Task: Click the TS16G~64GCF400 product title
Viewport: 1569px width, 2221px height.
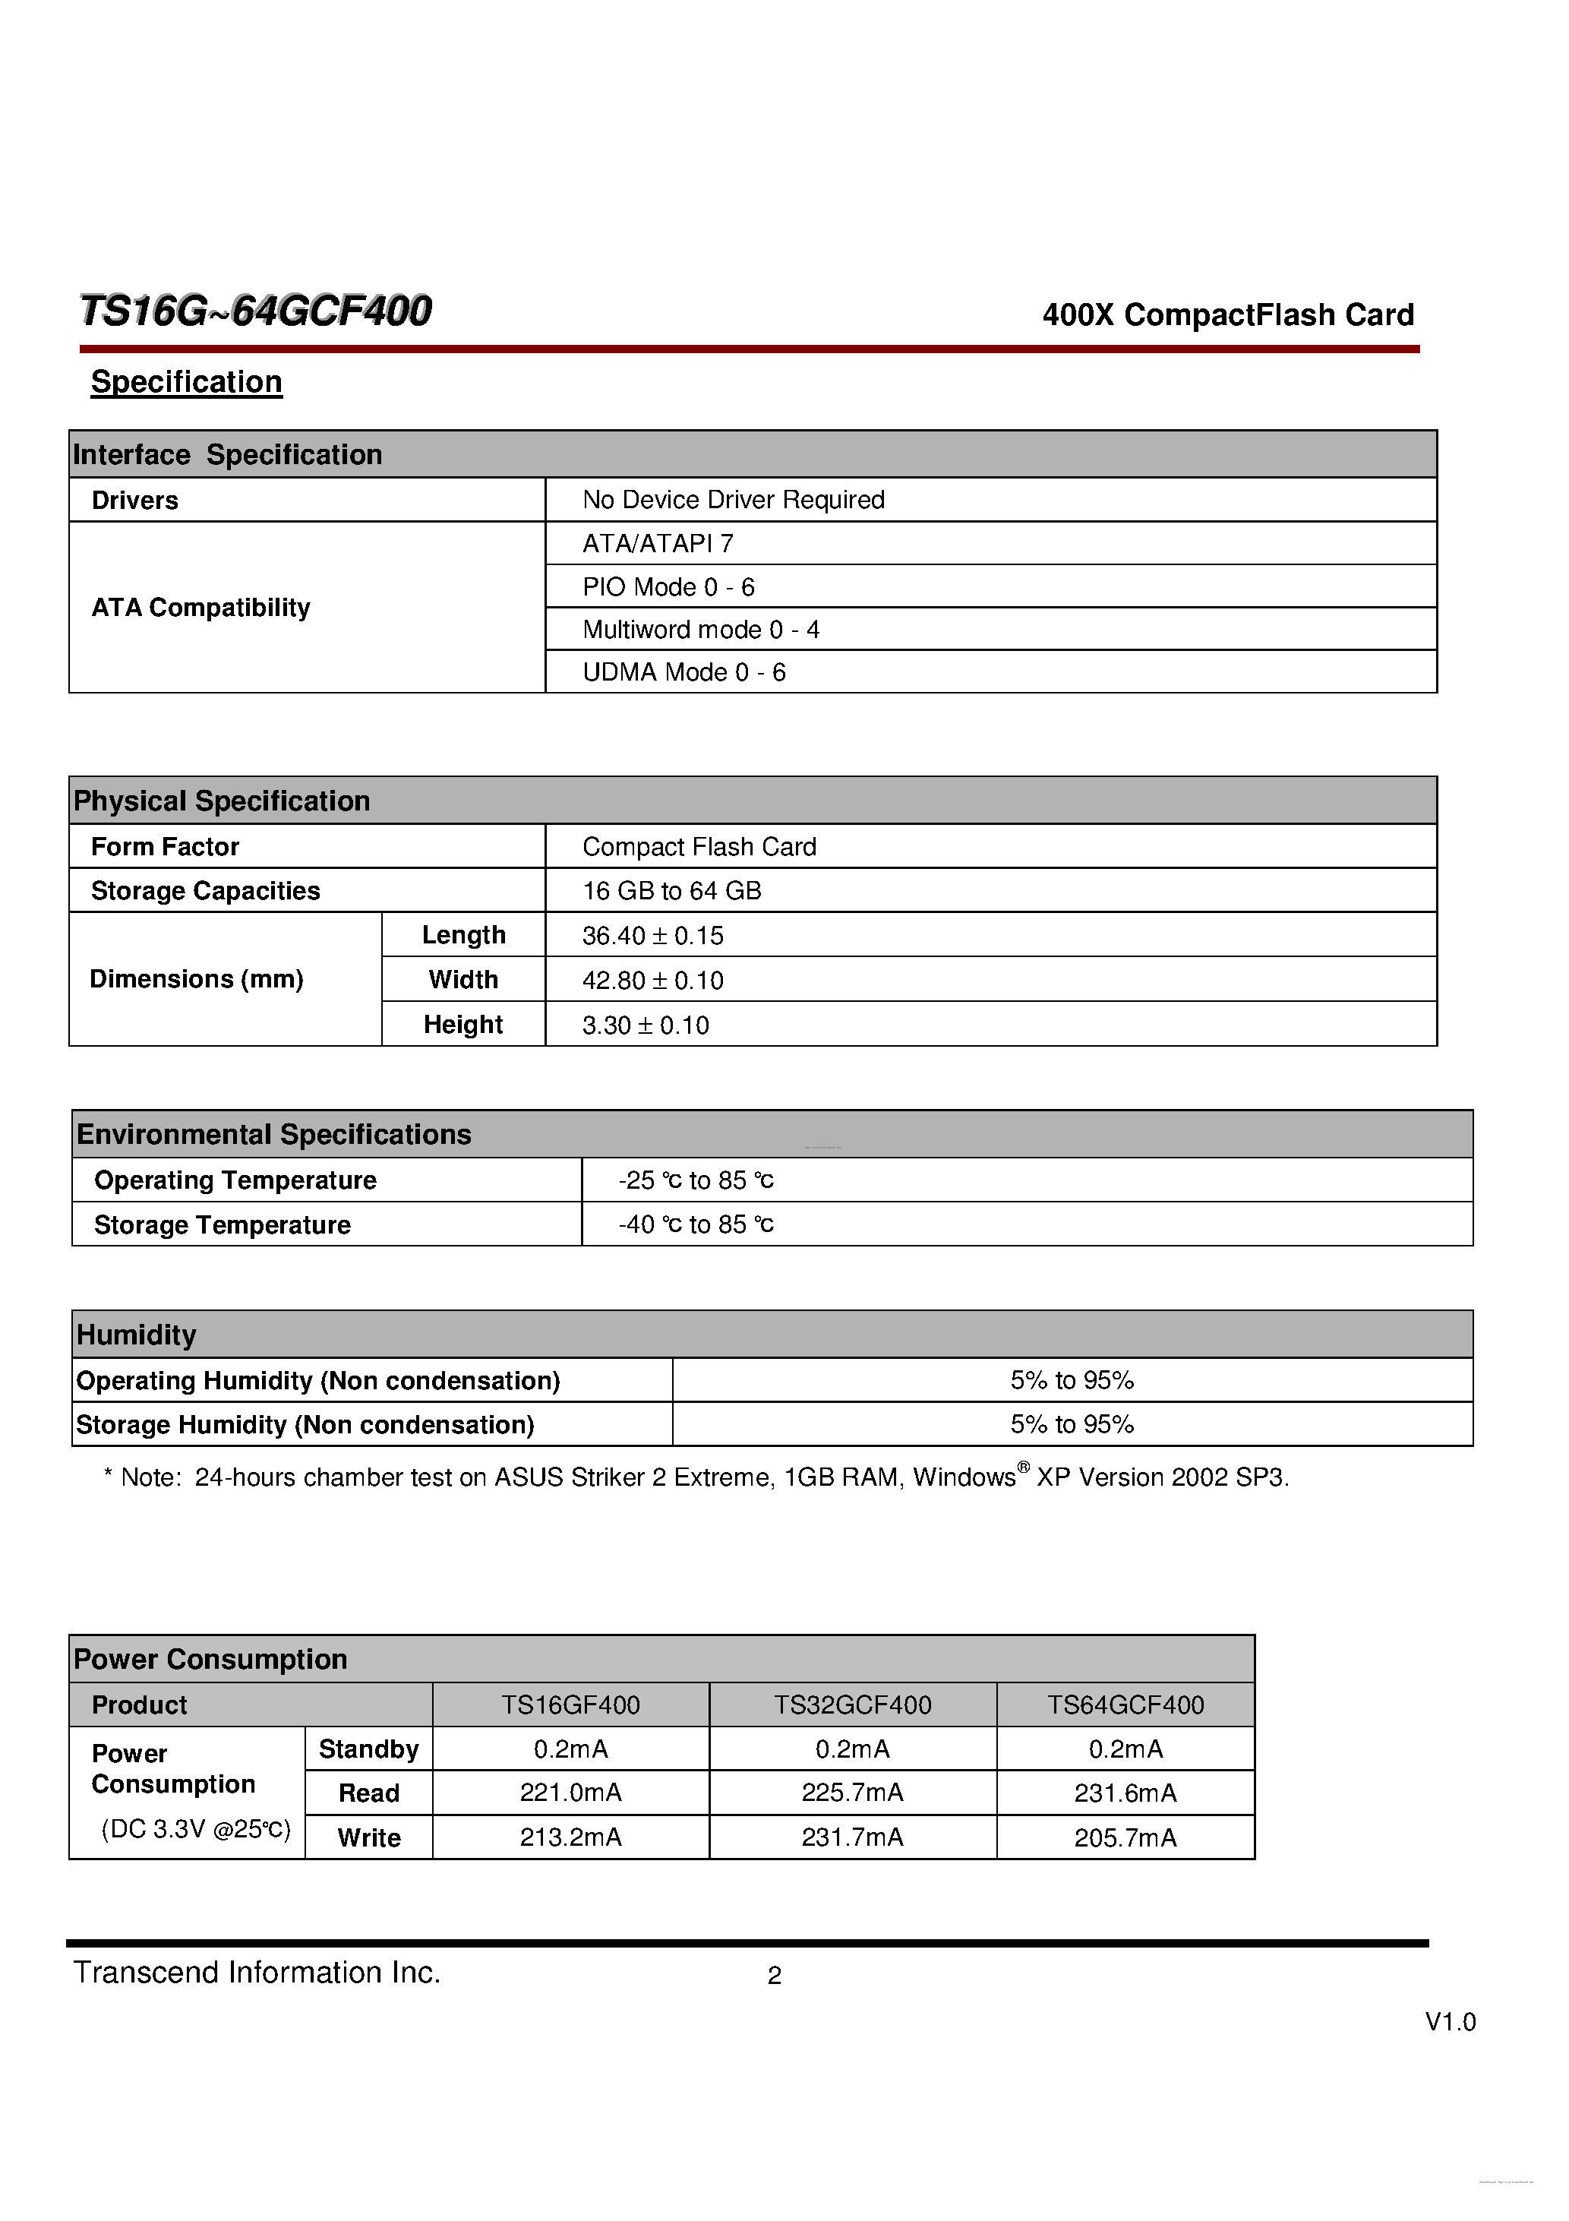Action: (x=255, y=311)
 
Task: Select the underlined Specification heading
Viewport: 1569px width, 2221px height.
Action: (x=187, y=382)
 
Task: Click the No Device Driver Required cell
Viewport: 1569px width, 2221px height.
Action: (x=733, y=500)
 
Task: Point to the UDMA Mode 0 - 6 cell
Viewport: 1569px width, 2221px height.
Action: (x=684, y=672)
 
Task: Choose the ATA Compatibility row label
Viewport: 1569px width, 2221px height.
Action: (x=201, y=608)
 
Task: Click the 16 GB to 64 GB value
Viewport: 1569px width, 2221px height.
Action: (x=671, y=891)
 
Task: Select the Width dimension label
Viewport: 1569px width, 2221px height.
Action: (x=463, y=980)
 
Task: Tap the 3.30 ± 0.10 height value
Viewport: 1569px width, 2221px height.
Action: (x=646, y=1025)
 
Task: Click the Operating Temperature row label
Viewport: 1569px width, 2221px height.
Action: (x=235, y=1180)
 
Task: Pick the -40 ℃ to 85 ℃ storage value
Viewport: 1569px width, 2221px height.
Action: (x=696, y=1224)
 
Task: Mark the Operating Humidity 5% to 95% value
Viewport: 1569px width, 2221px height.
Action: (x=1072, y=1380)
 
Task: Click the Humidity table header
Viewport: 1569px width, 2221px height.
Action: (x=137, y=1335)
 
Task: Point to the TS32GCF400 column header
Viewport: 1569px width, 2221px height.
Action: (x=852, y=1705)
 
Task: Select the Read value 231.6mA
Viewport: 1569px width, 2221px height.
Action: (x=1125, y=1793)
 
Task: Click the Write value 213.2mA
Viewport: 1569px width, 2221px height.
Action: (x=571, y=1837)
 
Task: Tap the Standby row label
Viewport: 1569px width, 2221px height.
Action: (x=368, y=1749)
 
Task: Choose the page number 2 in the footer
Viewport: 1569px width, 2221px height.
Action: (x=774, y=1976)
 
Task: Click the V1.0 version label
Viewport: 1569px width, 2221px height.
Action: (x=1449, y=2022)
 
